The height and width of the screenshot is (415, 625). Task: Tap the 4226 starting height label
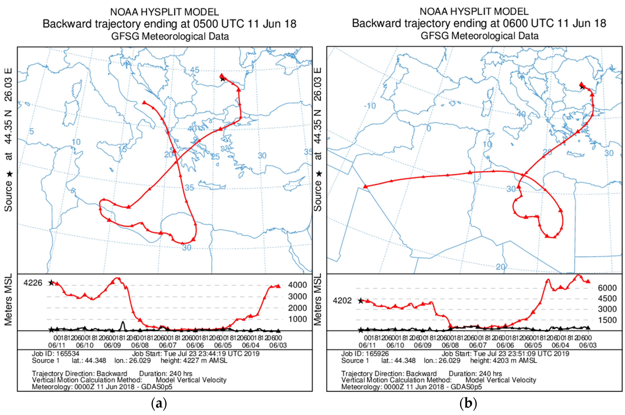(x=33, y=283)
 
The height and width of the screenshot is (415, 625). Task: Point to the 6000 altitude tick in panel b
(x=607, y=288)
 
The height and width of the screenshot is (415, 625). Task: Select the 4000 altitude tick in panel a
(x=297, y=285)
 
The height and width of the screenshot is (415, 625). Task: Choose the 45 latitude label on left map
(x=195, y=70)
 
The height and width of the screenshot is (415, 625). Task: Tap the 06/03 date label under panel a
(x=278, y=345)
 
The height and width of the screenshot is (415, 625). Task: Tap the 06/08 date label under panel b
(x=450, y=345)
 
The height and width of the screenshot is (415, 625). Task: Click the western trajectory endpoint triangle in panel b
(x=365, y=187)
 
